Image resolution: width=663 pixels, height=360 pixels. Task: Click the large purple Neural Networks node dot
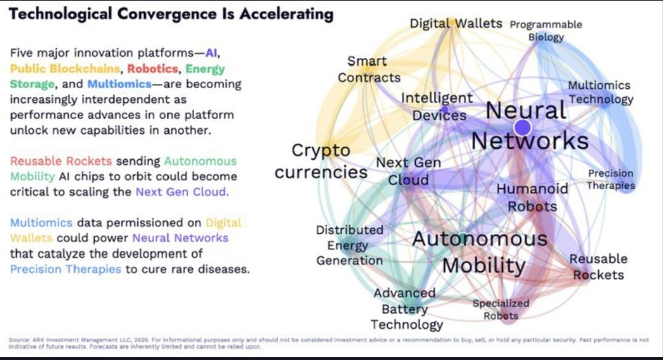[523, 128]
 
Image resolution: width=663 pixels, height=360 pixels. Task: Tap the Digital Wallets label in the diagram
[456, 23]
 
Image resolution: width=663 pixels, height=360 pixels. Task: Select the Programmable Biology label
[546, 30]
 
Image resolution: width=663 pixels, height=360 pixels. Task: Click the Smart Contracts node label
[368, 70]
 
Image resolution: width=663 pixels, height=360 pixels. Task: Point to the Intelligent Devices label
[437, 106]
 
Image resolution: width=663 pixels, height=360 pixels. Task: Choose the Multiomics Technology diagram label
[600, 92]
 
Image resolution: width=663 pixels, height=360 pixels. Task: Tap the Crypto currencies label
[321, 161]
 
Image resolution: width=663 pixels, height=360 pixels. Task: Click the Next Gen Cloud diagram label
[409, 171]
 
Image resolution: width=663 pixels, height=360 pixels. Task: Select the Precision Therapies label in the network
[611, 180]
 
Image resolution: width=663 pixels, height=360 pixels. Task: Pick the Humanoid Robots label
[532, 197]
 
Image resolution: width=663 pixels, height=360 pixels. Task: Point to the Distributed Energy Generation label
[350, 245]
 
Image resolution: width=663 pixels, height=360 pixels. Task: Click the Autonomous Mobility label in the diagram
[480, 253]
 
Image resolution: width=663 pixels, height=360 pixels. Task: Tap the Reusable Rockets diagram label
[598, 267]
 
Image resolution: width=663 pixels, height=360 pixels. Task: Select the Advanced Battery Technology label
[407, 309]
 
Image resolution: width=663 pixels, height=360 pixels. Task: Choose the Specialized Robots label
[501, 309]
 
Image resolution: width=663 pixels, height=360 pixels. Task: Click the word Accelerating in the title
[287, 14]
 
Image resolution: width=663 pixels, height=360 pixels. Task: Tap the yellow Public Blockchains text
[65, 68]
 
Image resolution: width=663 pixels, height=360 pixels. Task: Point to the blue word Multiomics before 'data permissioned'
[41, 223]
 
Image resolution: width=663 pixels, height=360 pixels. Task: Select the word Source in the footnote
[18, 340]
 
